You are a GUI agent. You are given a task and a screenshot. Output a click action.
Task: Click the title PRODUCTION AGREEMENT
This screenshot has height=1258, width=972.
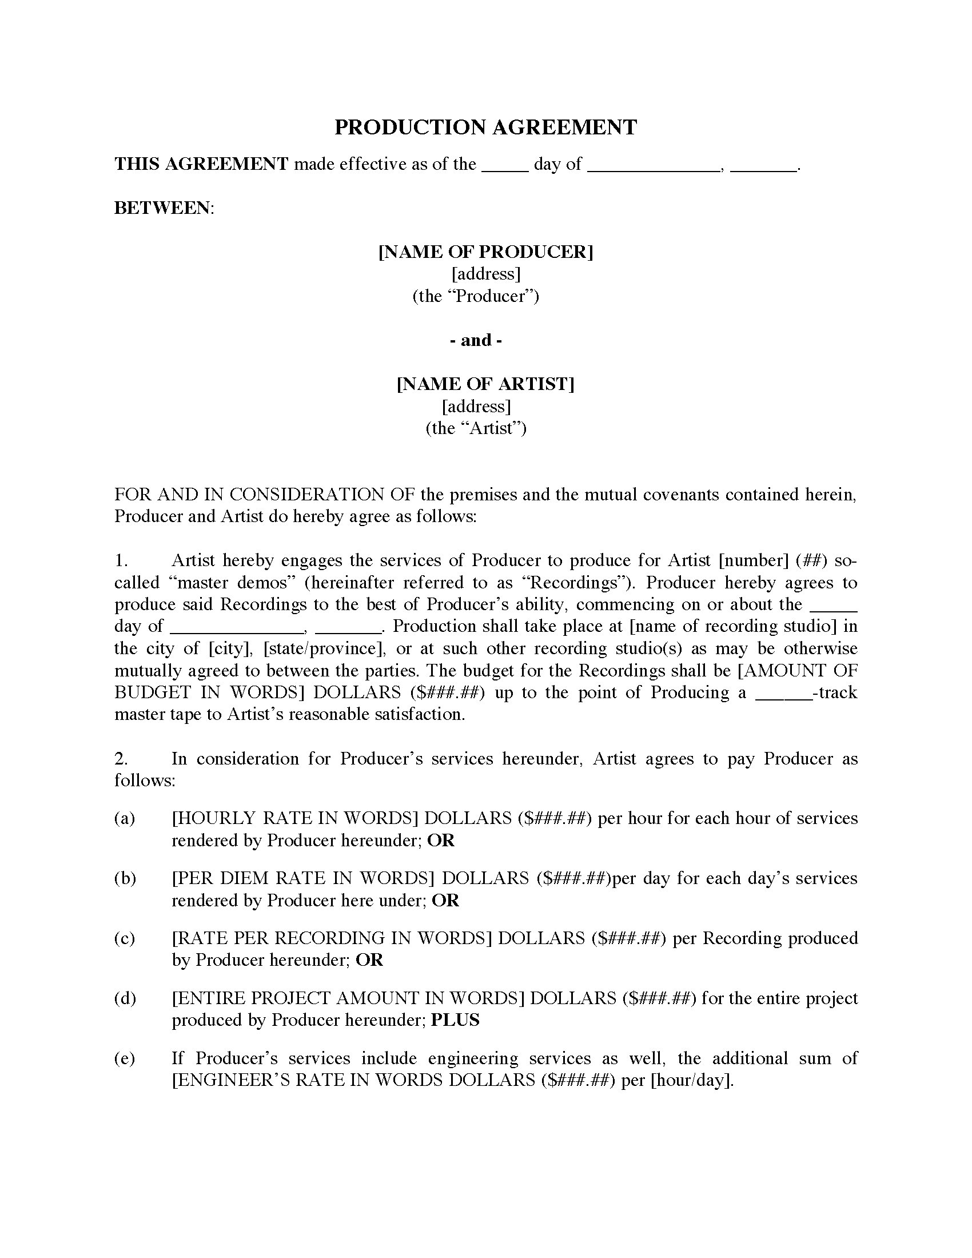point(485,128)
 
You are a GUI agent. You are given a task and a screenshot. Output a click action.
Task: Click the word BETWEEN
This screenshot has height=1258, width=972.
point(163,208)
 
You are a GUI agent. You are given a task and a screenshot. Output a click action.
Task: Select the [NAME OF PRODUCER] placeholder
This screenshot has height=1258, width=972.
point(485,252)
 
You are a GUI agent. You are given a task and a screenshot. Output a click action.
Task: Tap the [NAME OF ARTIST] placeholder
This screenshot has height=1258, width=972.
point(485,384)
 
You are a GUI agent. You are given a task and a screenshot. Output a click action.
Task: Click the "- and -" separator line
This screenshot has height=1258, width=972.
point(476,340)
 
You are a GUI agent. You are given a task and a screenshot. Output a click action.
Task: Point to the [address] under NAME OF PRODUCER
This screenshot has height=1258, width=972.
point(485,273)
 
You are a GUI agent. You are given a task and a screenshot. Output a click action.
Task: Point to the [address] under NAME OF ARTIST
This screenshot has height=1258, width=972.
point(476,407)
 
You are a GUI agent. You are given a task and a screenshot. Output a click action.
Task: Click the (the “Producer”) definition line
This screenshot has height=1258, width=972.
point(476,296)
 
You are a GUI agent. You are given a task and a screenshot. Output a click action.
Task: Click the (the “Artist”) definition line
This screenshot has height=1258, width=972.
point(476,428)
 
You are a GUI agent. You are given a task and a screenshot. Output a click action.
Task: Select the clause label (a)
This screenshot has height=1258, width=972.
point(125,818)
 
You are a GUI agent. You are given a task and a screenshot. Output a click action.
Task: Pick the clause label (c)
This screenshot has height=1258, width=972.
point(125,938)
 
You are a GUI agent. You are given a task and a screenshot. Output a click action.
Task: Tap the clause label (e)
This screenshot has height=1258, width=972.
point(125,1058)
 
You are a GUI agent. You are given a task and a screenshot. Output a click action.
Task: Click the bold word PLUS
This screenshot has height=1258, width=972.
point(455,1020)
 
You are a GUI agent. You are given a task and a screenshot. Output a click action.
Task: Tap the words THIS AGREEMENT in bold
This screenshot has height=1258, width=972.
point(201,164)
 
